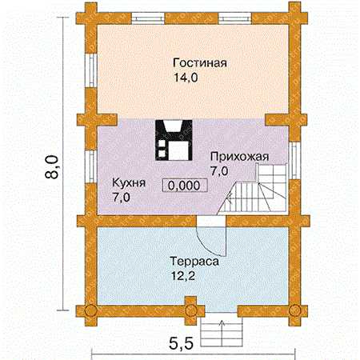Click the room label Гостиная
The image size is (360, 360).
(x=200, y=63)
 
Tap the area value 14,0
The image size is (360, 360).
(x=186, y=78)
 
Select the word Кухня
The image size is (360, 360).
(x=129, y=183)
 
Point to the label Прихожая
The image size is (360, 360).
(x=239, y=157)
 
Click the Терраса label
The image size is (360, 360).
(x=194, y=262)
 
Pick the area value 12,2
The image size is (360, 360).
(x=183, y=276)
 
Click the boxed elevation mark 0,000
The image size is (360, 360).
(x=185, y=186)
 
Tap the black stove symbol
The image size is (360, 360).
(x=174, y=140)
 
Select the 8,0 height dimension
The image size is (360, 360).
(x=51, y=166)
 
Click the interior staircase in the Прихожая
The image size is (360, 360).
(x=253, y=189)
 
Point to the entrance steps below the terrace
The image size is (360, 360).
(x=222, y=330)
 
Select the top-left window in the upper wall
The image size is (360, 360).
(x=148, y=18)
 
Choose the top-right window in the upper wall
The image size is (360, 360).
(x=235, y=18)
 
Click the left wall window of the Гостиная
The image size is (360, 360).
(x=91, y=70)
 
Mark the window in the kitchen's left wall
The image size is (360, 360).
(x=91, y=166)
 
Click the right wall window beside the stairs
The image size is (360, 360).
(x=294, y=160)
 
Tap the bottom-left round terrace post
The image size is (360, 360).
(x=90, y=310)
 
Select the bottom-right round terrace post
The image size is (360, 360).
(x=295, y=310)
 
